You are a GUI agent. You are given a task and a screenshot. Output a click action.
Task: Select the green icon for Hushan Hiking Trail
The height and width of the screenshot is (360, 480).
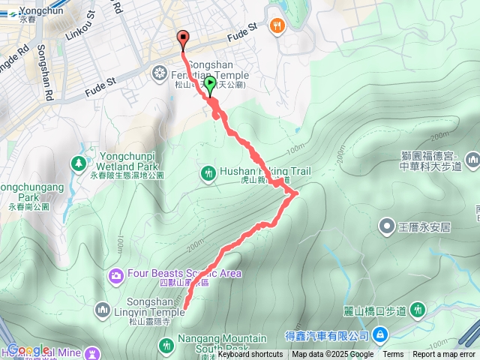coord(208,173)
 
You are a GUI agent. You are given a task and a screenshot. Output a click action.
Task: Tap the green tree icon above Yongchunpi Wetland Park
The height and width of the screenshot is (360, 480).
coord(79,162)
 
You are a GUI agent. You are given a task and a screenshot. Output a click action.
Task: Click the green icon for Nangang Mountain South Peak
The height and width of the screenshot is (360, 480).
coord(166,345)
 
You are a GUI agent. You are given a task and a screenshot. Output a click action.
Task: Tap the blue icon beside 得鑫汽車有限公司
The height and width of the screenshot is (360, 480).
coord(379,334)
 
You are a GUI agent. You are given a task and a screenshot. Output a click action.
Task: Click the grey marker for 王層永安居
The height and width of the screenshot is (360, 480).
coord(387,225)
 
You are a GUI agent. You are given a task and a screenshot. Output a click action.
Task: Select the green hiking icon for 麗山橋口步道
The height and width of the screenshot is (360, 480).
coord(417,309)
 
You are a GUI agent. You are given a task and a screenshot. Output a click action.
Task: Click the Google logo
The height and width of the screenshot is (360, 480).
coord(28,350)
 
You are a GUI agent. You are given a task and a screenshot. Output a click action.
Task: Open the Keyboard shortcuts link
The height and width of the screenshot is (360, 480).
coord(250,355)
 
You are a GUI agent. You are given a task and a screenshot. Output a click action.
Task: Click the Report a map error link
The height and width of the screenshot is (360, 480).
coord(445,355)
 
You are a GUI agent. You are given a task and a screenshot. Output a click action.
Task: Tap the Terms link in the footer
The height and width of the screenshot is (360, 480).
coord(393,355)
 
